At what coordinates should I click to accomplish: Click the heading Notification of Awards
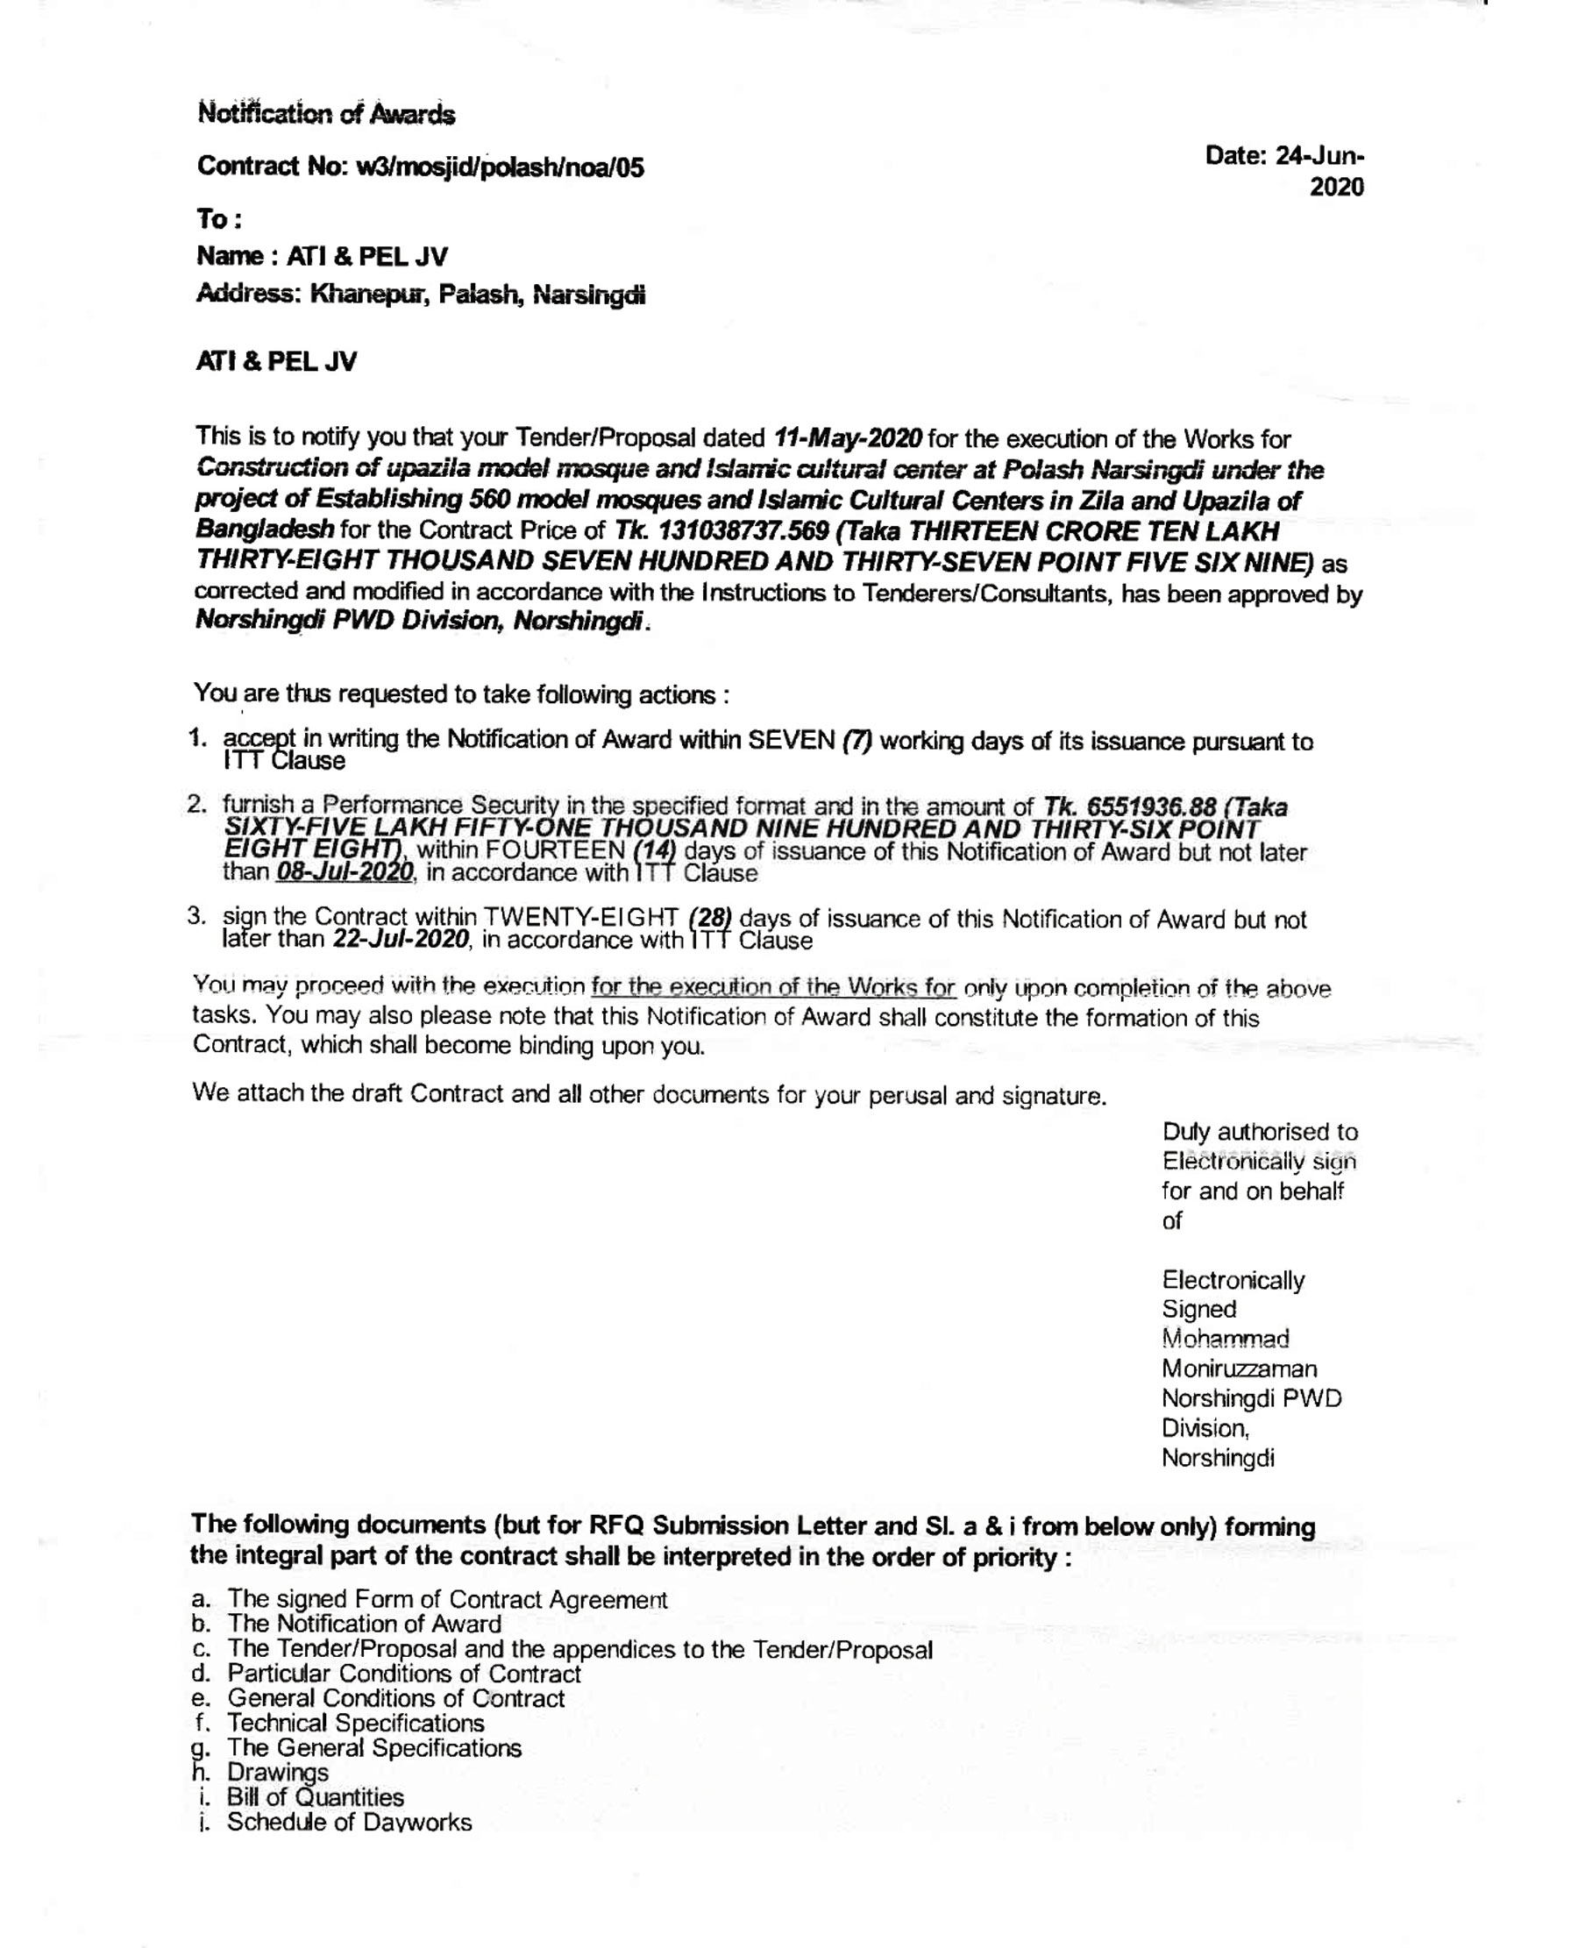coord(326,115)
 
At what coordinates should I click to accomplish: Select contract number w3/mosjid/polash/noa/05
coord(500,167)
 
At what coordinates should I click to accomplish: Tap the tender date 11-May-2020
coord(847,438)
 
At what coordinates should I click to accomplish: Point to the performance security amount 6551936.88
coord(1151,807)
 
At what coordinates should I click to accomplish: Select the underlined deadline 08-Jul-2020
coord(345,872)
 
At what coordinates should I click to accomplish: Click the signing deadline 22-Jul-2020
coord(401,939)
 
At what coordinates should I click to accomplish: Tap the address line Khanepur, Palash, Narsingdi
coord(477,295)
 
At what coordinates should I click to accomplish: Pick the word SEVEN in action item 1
coord(791,740)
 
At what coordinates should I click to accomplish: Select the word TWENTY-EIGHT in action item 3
coord(582,918)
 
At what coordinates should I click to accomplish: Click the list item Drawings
coord(277,1773)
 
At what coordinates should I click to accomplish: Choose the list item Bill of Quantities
coord(315,1797)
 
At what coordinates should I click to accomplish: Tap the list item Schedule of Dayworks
coord(349,1823)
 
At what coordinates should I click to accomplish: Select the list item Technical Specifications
coord(355,1723)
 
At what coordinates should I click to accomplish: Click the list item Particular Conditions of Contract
coord(403,1674)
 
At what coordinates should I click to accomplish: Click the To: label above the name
coord(219,219)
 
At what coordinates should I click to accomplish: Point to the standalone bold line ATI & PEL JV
coord(276,362)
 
